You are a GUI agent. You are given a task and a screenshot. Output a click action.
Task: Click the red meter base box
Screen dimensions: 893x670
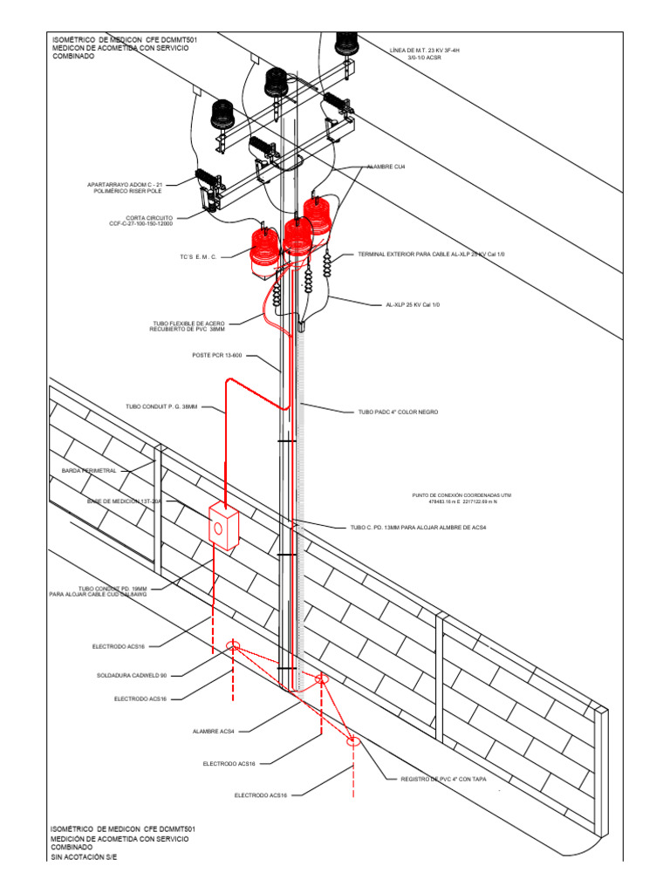click(224, 527)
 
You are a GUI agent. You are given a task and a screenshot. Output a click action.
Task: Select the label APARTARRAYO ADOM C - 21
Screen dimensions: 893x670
click(126, 185)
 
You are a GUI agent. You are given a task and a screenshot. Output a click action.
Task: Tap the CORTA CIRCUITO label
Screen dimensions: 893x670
click(149, 219)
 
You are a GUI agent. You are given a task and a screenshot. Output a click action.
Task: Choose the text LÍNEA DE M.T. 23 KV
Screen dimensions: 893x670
click(424, 51)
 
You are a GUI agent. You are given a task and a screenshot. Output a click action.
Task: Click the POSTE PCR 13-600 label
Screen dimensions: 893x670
click(216, 356)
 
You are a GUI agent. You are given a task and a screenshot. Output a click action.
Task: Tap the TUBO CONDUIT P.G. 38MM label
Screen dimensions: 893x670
click(161, 406)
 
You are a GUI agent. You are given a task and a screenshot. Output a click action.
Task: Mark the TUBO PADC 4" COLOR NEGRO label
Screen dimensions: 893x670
click(398, 411)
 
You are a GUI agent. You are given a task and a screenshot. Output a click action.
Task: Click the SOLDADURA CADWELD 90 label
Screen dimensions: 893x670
click(132, 675)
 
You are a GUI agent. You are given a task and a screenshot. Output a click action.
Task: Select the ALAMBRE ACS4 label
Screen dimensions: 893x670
click(213, 731)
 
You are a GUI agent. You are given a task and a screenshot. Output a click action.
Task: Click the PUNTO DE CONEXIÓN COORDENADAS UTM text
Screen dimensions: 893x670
click(461, 495)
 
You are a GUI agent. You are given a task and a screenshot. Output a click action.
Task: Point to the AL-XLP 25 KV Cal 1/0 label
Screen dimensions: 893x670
click(413, 304)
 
